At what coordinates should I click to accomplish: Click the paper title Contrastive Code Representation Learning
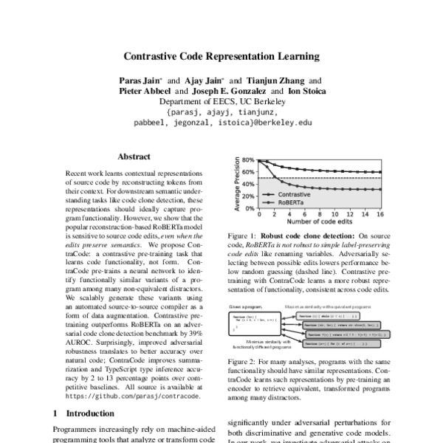pos(221,55)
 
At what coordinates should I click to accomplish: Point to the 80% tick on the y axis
pos(246,160)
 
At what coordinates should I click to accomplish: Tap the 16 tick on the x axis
pos(380,216)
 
